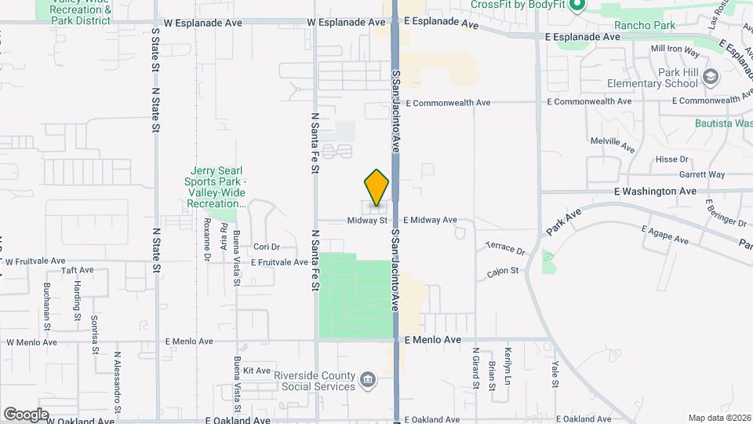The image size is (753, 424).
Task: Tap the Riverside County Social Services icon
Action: (366, 381)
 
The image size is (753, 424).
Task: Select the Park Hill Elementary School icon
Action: (711, 77)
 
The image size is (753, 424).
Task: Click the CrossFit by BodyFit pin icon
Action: (577, 6)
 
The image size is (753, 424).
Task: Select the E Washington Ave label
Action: (654, 191)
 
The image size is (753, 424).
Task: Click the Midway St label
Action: (367, 221)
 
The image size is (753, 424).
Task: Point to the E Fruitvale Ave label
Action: (279, 262)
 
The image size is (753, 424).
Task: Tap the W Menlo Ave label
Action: (32, 342)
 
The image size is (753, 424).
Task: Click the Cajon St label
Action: (504, 271)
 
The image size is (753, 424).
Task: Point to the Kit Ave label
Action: (256, 371)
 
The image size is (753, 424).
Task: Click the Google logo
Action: (26, 414)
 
